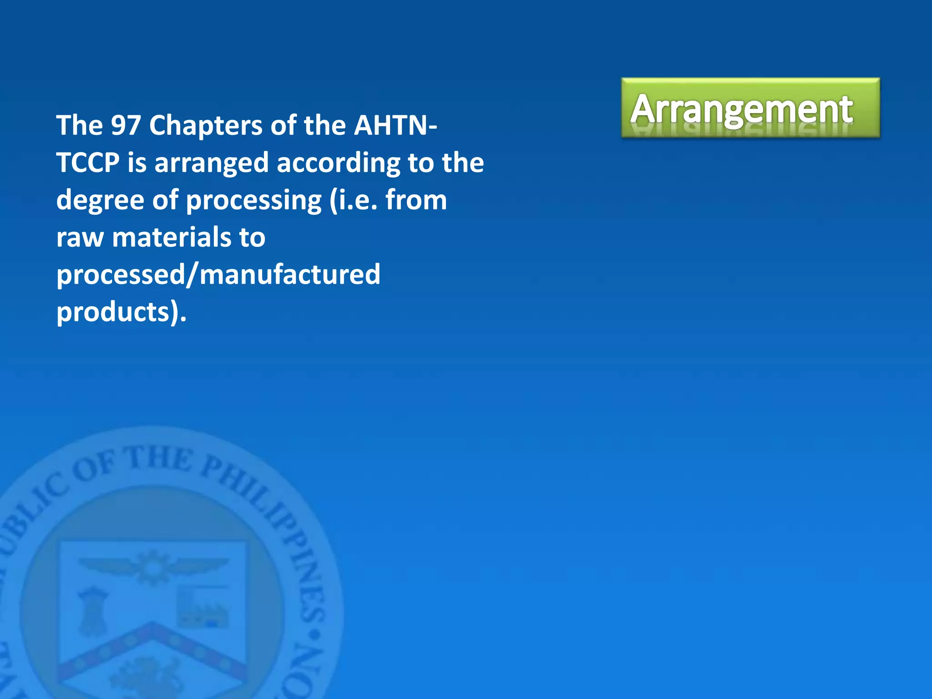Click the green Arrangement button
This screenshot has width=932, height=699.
(x=750, y=108)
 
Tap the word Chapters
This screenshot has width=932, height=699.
(x=206, y=125)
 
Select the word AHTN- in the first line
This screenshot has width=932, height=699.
(x=395, y=125)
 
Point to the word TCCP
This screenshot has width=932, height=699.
(x=88, y=162)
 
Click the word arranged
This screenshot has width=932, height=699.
(x=212, y=163)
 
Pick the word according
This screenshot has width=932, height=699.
(x=339, y=163)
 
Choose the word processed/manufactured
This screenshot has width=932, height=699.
(x=218, y=275)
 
